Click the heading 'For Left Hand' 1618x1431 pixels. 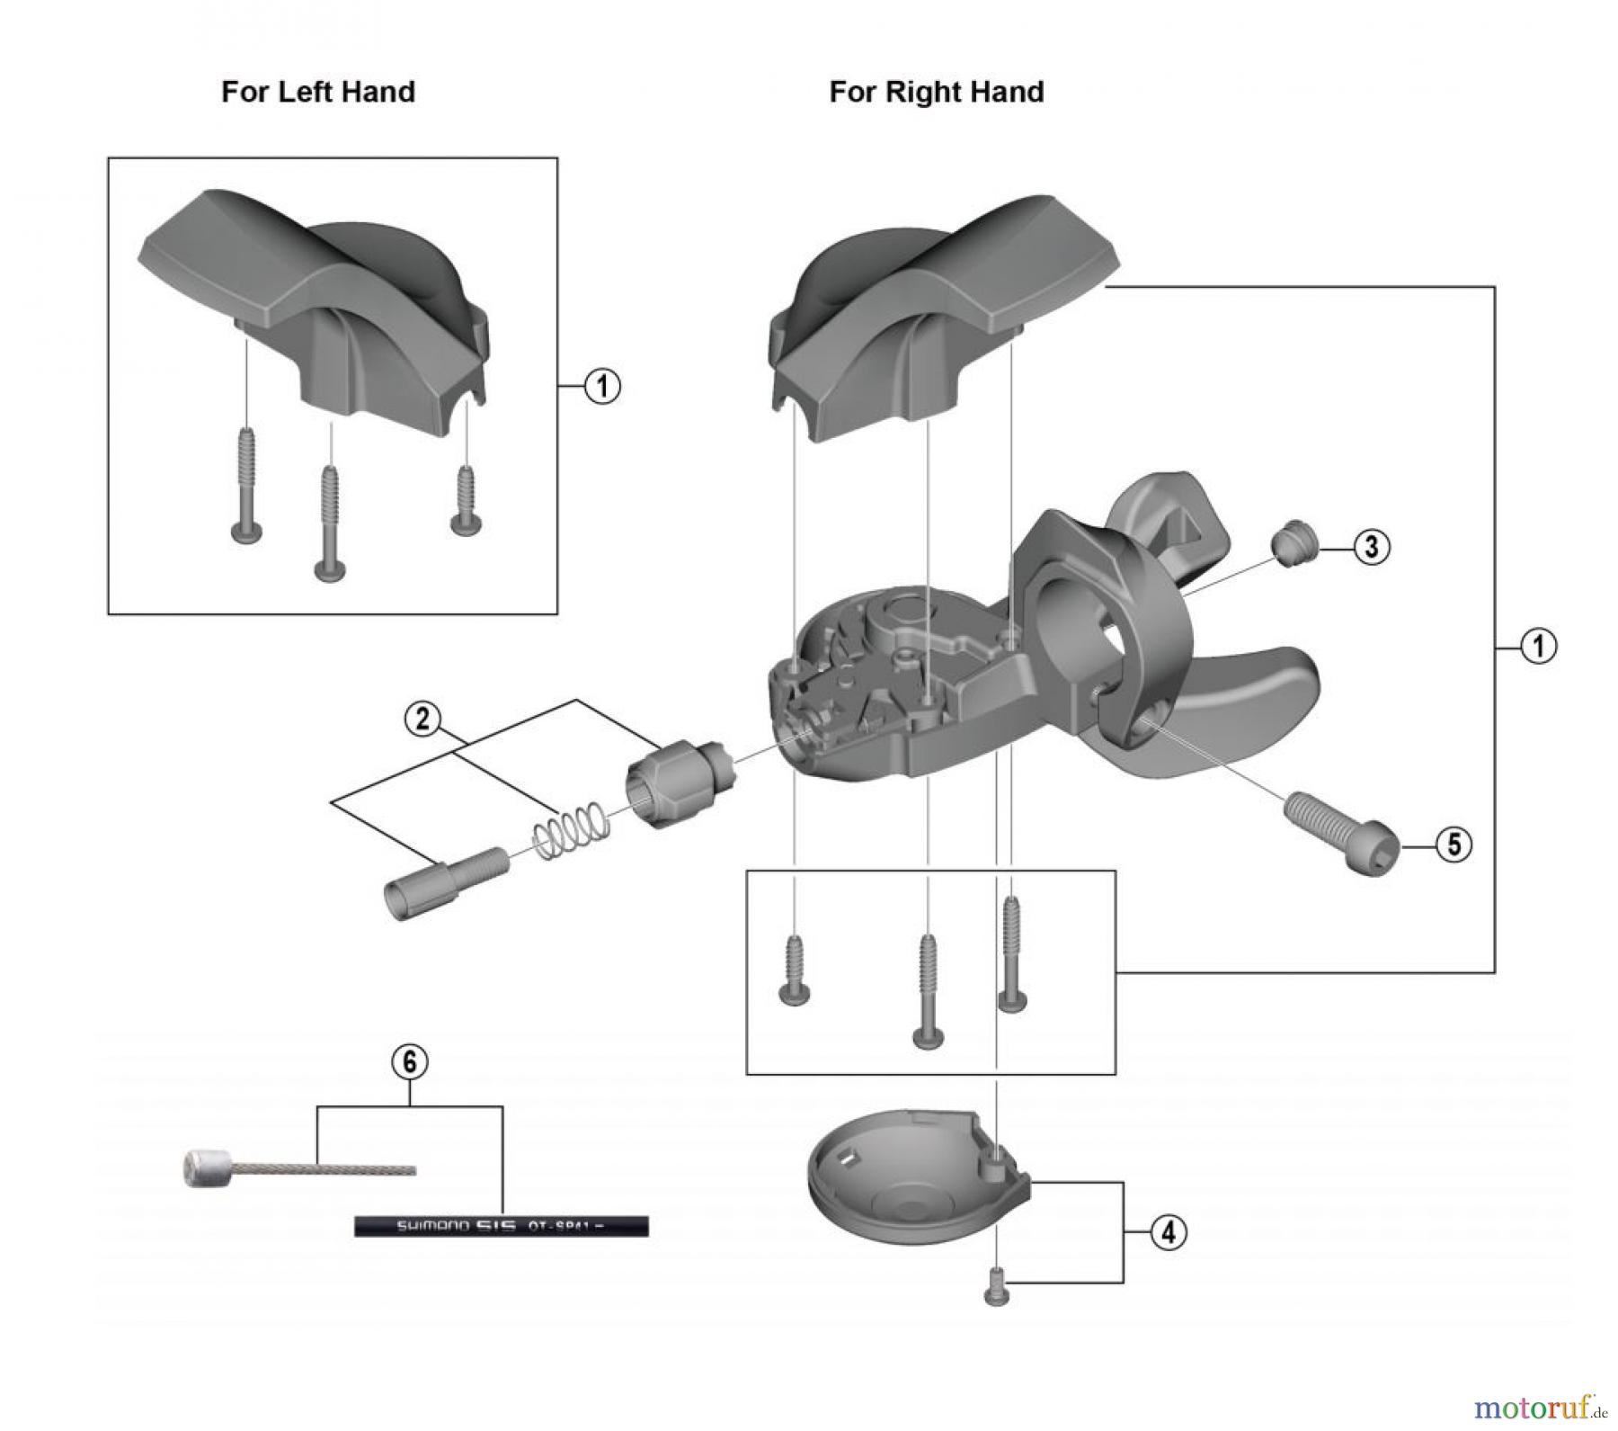(x=318, y=93)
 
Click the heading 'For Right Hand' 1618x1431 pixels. (x=936, y=93)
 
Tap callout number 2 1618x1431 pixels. (x=423, y=720)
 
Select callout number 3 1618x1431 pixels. (x=1371, y=546)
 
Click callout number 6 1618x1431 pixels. (x=409, y=1062)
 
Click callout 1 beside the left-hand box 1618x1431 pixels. (x=602, y=387)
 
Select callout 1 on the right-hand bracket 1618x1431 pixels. (x=1538, y=646)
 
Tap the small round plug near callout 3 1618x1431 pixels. (x=1293, y=545)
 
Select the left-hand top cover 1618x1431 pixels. (x=315, y=297)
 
